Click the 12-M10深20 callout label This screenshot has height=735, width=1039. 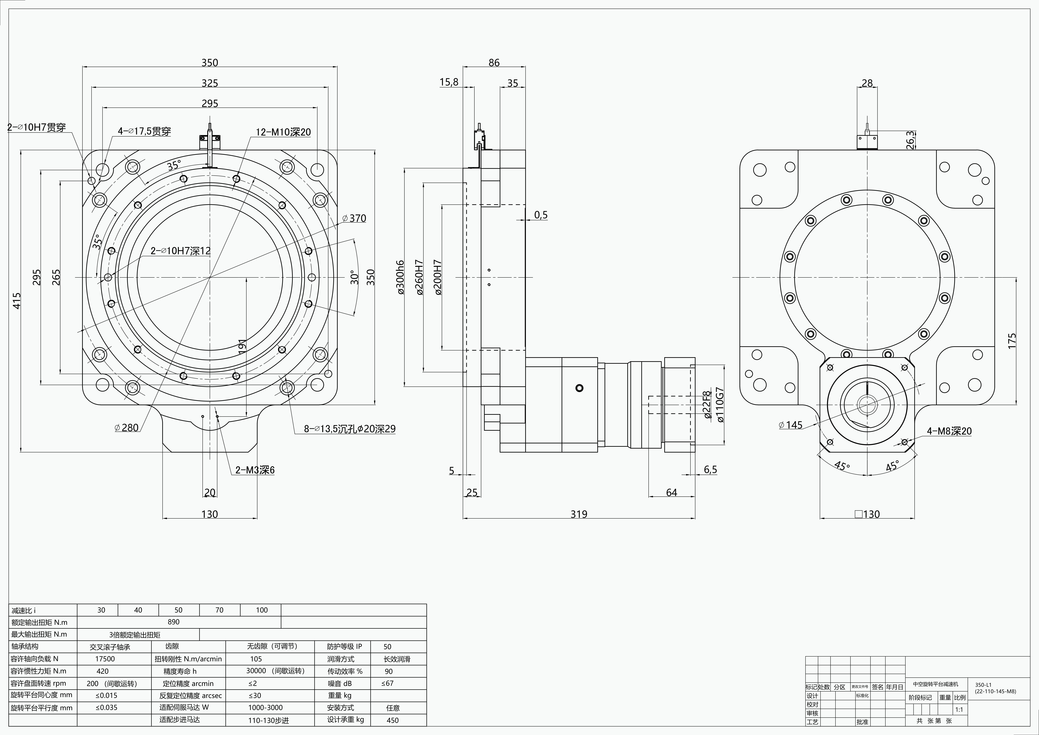[x=283, y=132]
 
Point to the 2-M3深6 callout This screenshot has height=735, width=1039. [x=255, y=470]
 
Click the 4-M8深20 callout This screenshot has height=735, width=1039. [x=949, y=431]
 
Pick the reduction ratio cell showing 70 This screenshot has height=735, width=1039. [x=219, y=610]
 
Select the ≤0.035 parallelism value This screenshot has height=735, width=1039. [x=106, y=707]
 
